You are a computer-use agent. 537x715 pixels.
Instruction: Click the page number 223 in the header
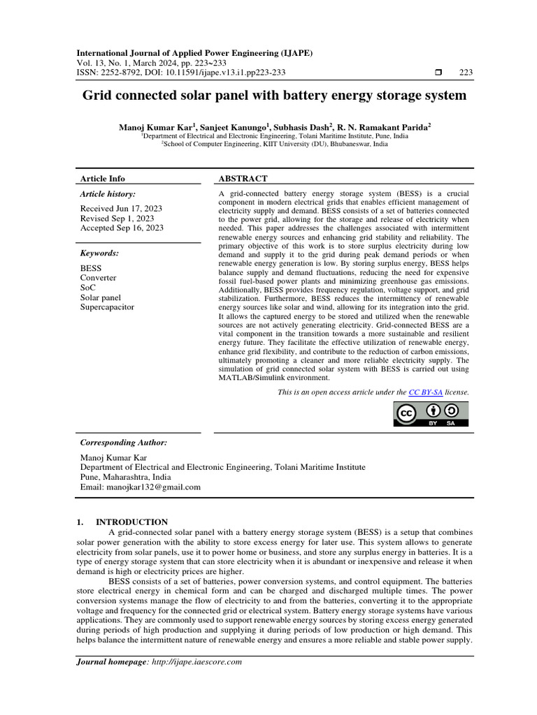click(x=466, y=73)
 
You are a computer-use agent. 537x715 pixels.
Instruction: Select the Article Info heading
click(x=103, y=179)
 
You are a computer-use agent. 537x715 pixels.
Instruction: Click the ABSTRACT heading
click(x=243, y=179)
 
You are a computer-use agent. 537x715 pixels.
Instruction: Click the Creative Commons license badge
click(x=431, y=414)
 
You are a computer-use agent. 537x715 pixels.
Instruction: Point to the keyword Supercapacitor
click(x=107, y=307)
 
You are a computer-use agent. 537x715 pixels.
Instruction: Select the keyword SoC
click(x=87, y=287)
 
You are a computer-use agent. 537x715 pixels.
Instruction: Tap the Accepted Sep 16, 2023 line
click(x=122, y=228)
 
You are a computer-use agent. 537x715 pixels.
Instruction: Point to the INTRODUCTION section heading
click(x=131, y=522)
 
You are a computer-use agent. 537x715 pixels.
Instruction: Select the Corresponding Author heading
click(x=124, y=443)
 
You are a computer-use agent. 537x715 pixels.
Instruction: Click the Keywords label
click(x=99, y=253)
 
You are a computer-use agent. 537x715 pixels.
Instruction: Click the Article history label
click(x=108, y=193)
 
